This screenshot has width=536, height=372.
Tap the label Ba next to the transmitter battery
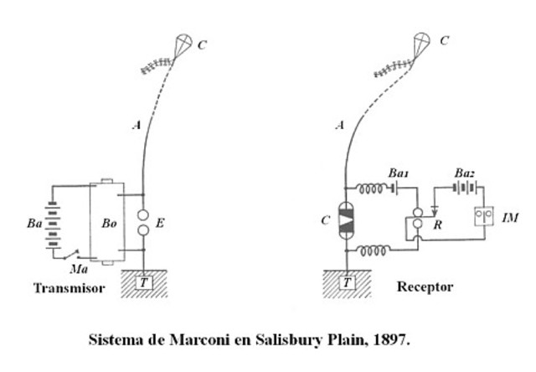click(x=35, y=225)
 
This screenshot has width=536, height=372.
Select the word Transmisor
click(x=69, y=289)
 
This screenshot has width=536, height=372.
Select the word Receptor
click(x=425, y=287)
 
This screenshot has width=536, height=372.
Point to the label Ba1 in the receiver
click(x=400, y=173)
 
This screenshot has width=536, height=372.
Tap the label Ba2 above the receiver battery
click(x=465, y=173)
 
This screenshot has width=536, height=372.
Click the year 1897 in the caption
click(x=393, y=341)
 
